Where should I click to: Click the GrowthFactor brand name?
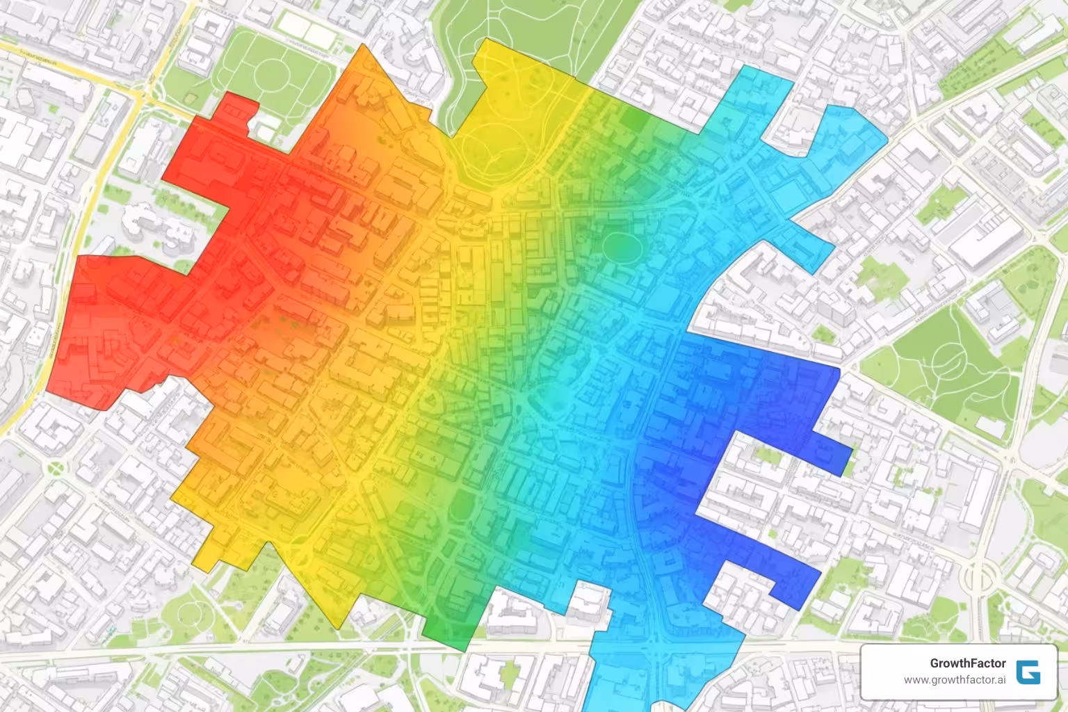tap(967, 663)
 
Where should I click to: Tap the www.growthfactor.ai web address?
tap(955, 680)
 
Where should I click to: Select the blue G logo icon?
tap(1028, 672)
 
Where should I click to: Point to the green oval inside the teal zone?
tap(621, 246)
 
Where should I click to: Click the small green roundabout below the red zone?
tap(54, 468)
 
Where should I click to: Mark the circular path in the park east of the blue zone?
tap(950, 359)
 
